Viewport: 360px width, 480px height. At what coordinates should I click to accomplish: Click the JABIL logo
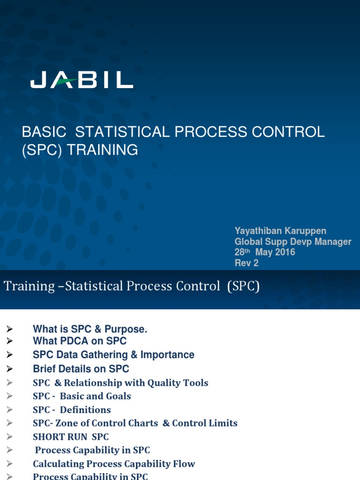click(82, 80)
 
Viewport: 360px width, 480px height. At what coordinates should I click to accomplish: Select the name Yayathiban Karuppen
click(280, 231)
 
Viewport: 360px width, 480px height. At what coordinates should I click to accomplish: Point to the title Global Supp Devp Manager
click(292, 242)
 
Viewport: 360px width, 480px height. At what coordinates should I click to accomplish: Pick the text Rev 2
click(247, 263)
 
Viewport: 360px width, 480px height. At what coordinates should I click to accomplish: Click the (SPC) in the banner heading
click(243, 286)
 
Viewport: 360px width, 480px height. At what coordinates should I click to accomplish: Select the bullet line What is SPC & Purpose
click(90, 329)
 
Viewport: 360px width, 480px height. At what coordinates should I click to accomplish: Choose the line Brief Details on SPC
click(81, 369)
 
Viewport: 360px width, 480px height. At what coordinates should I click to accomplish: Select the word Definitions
click(85, 410)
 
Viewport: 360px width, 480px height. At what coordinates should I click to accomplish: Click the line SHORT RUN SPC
click(71, 437)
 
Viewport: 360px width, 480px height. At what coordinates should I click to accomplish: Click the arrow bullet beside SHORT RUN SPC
click(9, 437)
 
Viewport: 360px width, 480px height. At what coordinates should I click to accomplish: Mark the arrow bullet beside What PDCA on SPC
click(9, 341)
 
